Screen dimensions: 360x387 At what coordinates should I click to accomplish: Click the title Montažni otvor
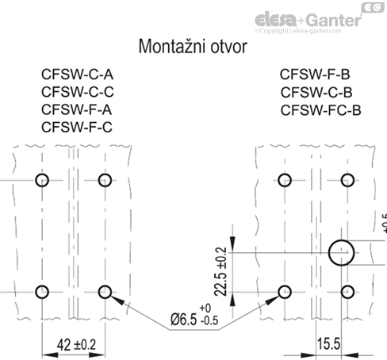click(193, 46)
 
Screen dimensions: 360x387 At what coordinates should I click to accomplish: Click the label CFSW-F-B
click(316, 76)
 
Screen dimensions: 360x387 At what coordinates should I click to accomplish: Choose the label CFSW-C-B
click(316, 93)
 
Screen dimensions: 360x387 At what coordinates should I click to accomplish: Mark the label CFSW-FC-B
click(320, 109)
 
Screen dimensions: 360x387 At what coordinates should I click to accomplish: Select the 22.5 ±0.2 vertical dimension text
click(220, 270)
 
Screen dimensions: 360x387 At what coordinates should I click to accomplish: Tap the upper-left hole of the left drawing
click(43, 180)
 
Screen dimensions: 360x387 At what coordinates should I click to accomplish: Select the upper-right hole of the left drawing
click(105, 180)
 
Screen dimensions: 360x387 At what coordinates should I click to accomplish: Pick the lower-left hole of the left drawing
click(43, 291)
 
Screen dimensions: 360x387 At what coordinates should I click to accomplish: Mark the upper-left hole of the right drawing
click(283, 180)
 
